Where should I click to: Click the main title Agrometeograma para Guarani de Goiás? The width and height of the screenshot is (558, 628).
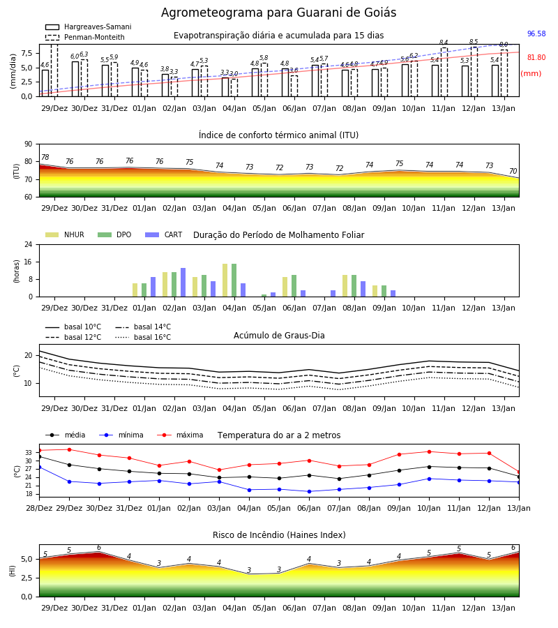point(278,13)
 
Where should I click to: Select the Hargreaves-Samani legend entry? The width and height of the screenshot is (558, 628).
point(89,27)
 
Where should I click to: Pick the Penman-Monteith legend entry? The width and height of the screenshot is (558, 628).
point(85,37)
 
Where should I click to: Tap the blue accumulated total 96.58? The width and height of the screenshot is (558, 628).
point(536,33)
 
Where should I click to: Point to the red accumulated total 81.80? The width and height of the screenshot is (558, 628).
point(536,57)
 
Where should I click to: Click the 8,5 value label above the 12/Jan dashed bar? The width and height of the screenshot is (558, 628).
point(474,42)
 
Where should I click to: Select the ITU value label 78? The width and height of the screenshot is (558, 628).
point(45,158)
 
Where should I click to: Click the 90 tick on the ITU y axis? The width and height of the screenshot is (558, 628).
point(29,144)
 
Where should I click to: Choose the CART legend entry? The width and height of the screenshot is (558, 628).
point(164,234)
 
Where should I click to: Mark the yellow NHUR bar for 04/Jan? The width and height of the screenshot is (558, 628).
point(225,281)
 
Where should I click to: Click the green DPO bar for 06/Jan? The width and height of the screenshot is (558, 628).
point(294,286)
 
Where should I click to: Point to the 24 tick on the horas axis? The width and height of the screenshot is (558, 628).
point(29,244)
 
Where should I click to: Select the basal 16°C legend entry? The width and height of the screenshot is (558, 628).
point(143,337)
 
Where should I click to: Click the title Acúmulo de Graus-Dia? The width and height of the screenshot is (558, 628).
point(279,335)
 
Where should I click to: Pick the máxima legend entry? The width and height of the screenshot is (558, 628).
point(180,435)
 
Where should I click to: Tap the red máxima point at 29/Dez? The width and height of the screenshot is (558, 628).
point(69,450)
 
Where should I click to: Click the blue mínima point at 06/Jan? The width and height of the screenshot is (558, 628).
point(310,491)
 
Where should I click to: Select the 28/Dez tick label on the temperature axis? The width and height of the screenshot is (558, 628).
point(39,508)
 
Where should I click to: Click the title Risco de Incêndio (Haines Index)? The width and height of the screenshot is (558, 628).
point(279,534)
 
